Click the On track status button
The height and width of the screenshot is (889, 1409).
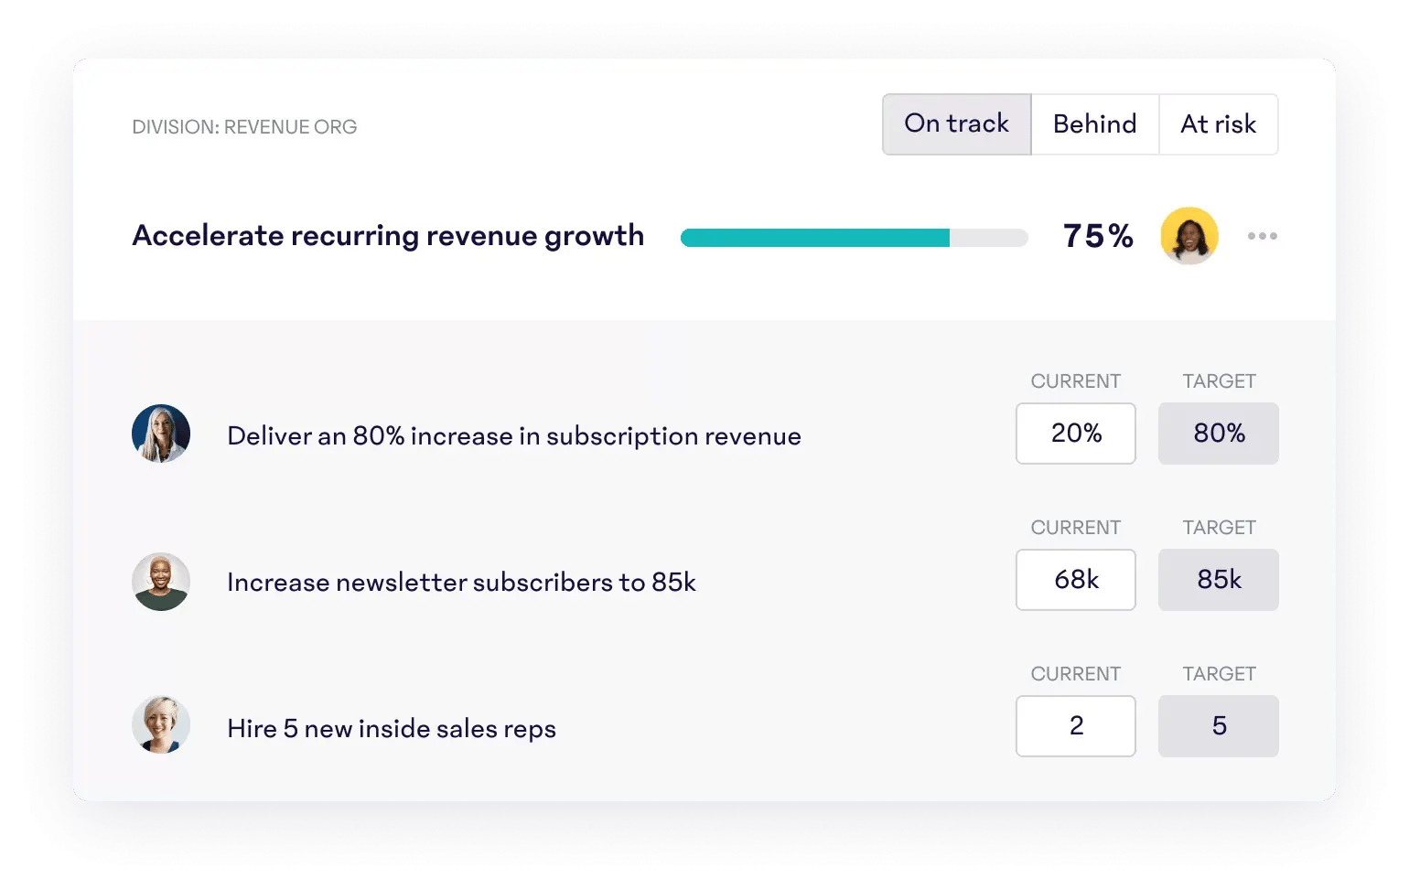point(956,124)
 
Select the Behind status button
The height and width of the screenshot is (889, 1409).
point(1094,124)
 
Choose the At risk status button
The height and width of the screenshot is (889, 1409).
point(1218,124)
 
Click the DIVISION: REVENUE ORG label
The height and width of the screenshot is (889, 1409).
point(244,127)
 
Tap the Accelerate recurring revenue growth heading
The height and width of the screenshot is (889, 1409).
point(388,236)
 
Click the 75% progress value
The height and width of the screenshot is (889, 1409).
point(1098,236)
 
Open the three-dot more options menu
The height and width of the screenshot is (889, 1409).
point(1262,236)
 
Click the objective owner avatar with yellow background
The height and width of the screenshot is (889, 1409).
point(1189,236)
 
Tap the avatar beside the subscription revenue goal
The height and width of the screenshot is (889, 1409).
point(161,434)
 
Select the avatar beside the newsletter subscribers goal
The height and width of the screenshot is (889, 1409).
point(161,582)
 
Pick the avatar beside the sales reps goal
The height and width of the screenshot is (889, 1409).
point(161,725)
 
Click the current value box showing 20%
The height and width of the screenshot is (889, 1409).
point(1075,434)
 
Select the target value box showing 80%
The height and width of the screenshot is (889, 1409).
point(1218,434)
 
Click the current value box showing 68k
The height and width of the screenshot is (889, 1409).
point(1075,580)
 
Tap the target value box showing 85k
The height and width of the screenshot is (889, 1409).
point(1218,580)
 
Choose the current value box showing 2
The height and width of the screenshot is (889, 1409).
point(1075,726)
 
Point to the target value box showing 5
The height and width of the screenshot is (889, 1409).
point(1218,726)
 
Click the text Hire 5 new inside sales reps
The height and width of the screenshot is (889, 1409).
point(392,729)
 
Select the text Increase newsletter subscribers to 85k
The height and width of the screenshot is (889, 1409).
point(461,583)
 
